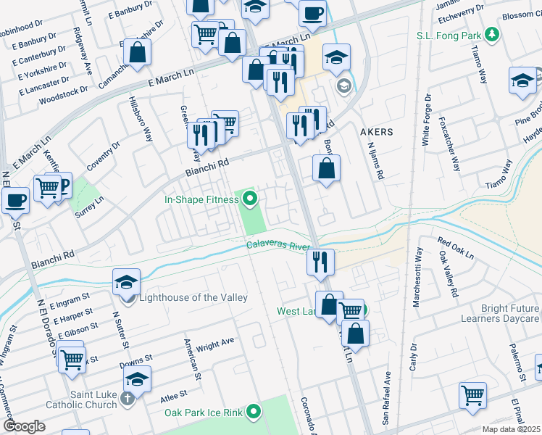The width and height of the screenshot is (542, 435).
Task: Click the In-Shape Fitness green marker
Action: [251, 198]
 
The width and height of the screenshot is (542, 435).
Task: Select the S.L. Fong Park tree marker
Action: [493, 34]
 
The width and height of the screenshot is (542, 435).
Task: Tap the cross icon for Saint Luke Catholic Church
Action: [128, 398]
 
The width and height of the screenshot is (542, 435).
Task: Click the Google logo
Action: [24, 426]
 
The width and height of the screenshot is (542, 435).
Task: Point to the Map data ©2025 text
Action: [512, 430]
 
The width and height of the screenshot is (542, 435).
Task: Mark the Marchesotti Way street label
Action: [417, 277]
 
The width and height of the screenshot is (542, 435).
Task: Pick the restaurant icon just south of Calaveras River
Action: [320, 261]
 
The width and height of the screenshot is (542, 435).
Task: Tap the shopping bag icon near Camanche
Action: [136, 51]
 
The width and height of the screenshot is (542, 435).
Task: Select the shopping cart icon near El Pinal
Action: [472, 395]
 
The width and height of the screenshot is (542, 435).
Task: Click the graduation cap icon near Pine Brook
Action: [522, 80]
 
